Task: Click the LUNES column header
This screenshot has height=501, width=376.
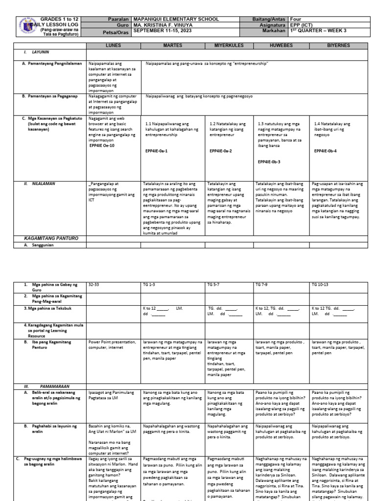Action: click(x=114, y=45)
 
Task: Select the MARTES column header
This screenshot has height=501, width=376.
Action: click(x=173, y=45)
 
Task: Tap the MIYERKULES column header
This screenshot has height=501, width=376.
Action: click(x=229, y=45)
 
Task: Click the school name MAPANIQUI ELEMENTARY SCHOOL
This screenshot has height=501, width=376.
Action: click(x=176, y=19)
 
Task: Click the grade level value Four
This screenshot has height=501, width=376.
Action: click(x=297, y=19)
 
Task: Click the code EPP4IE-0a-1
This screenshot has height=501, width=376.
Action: click(x=157, y=151)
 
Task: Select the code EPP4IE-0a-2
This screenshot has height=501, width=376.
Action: click(x=221, y=151)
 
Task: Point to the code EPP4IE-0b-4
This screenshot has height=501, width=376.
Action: click(x=328, y=151)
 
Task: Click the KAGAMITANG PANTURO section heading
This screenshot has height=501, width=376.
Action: click(x=51, y=238)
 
